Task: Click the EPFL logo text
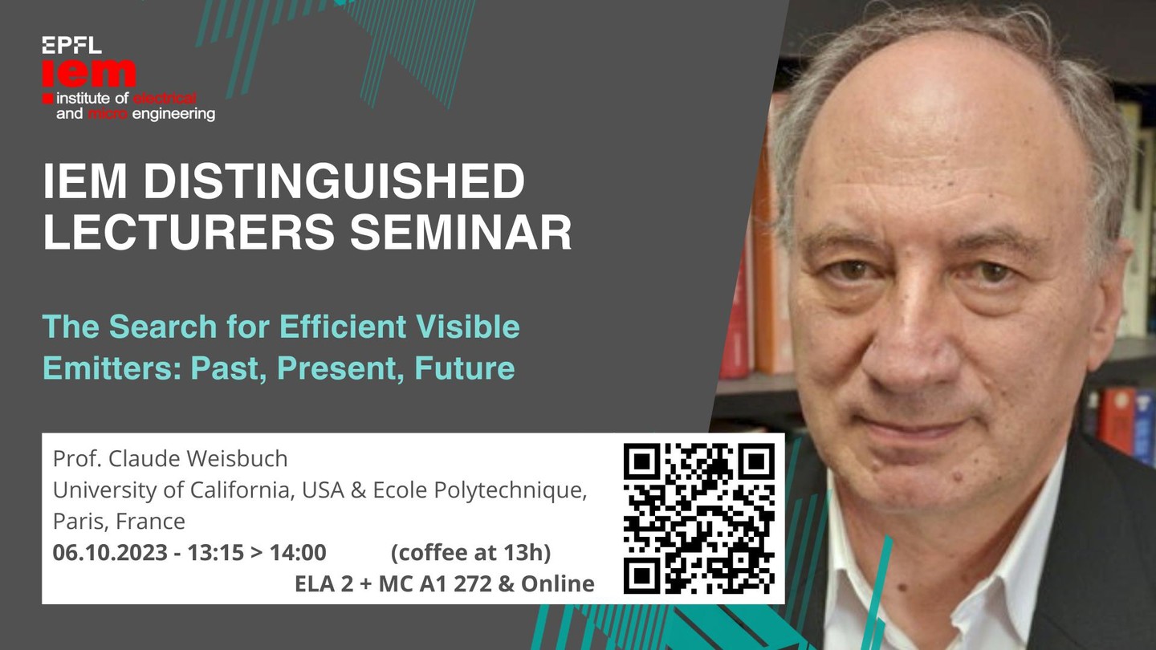[71, 46]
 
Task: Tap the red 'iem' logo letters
[89, 73]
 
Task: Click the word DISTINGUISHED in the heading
[333, 181]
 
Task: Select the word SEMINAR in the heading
[461, 232]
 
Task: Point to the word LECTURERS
[189, 232]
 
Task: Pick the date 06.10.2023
[110, 552]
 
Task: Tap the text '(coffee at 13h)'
[470, 552]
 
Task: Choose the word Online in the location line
[558, 584]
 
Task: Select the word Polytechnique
[511, 490]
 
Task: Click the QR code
[699, 518]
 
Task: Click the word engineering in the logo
[174, 114]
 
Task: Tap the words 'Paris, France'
[119, 522]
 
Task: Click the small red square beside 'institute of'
[48, 99]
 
